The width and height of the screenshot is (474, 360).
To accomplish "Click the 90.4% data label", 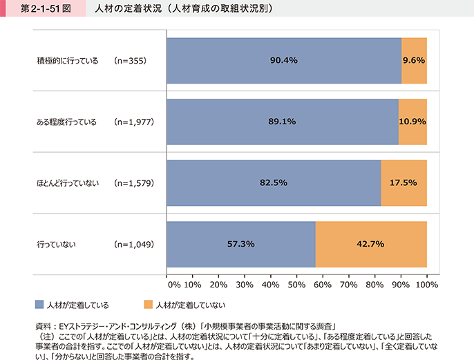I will coord(283,60).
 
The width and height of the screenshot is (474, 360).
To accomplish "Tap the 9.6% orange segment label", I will coord(414,60).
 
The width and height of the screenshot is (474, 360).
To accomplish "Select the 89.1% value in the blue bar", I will coord(282,122).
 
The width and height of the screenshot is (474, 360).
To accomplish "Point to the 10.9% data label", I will coord(413,122).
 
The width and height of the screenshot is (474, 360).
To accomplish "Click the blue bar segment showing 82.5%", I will coord(274,183).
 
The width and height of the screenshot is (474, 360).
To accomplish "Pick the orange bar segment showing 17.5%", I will coord(404,183).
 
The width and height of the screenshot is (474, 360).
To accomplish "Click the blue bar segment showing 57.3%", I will coord(241,244).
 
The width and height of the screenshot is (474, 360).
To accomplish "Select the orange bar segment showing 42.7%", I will coord(371,244).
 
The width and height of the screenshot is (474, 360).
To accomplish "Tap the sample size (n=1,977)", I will coord(134,122).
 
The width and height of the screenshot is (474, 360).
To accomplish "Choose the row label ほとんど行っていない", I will coord(68,183).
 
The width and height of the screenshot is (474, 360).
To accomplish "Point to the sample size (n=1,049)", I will coord(134,244).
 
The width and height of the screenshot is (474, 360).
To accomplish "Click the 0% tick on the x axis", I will coord(173,284).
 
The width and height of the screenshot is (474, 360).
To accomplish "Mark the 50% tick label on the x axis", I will coord(296,284).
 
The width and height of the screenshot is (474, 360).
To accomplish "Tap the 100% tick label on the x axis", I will coord(428,284).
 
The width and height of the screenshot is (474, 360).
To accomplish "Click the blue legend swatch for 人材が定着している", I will coord(39,304).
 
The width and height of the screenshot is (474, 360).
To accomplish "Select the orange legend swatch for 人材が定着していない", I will coord(149,304).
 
